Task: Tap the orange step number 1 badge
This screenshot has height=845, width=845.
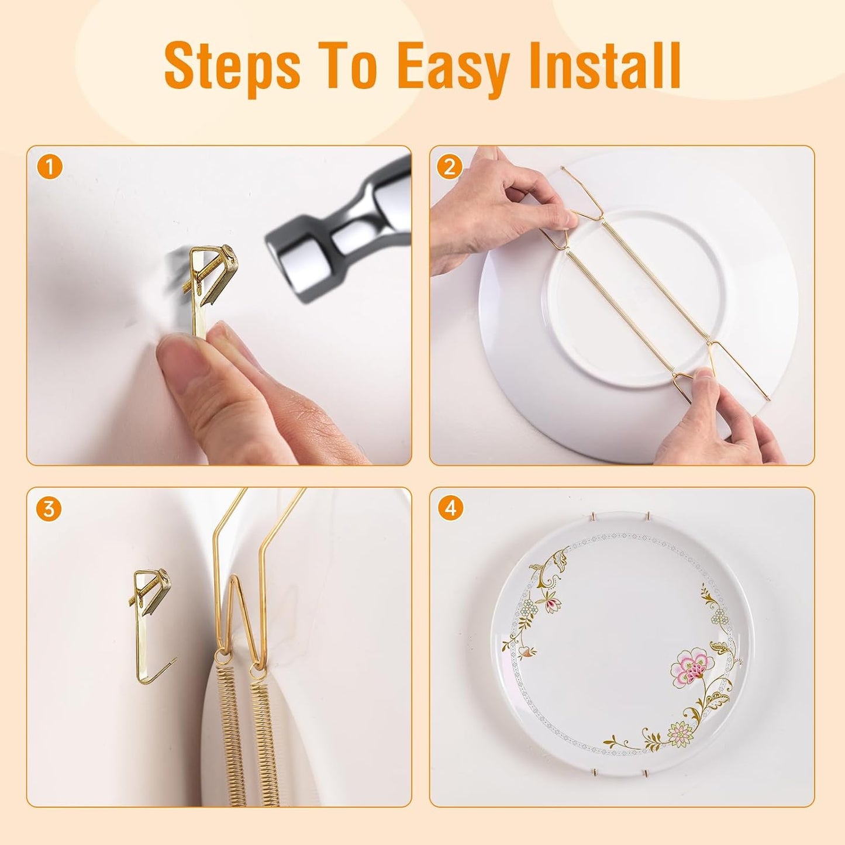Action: click(50, 168)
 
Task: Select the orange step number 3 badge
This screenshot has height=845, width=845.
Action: click(49, 509)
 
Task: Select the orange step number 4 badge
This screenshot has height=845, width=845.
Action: click(450, 509)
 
